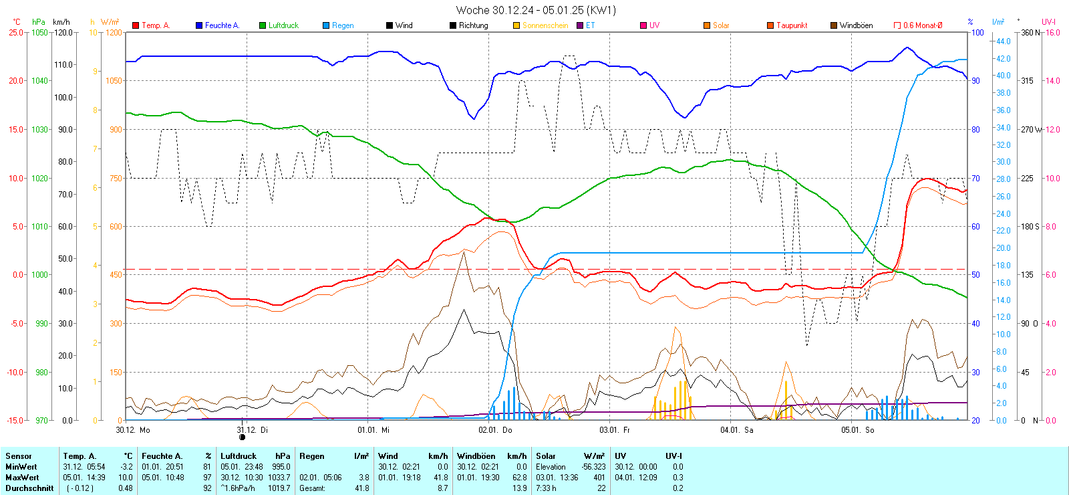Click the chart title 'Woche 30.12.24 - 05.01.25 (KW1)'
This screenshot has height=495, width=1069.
click(536, 10)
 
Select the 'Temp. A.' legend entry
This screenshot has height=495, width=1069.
click(156, 25)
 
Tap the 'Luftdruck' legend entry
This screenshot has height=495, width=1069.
click(283, 25)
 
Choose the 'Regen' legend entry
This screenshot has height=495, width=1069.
click(343, 25)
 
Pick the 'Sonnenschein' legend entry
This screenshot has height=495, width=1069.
click(545, 25)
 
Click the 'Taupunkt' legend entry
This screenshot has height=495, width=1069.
click(792, 25)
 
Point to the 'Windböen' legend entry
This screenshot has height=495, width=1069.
click(856, 25)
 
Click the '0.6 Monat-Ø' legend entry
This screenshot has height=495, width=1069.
click(922, 25)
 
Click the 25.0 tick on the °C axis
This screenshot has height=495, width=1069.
click(15, 32)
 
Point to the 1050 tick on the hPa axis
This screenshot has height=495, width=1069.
click(39, 32)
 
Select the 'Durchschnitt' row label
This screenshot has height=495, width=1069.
click(29, 488)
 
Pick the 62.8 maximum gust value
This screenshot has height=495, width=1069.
click(519, 478)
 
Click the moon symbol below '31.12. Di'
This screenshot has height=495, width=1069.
click(242, 437)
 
